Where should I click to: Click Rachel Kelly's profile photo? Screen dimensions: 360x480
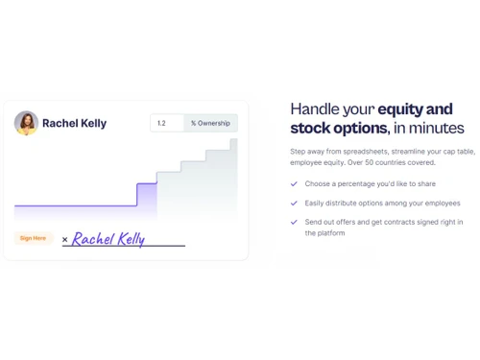click(x=27, y=123)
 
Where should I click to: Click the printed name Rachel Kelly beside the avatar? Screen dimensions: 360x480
click(x=75, y=123)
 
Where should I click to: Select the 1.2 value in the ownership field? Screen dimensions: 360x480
click(x=161, y=123)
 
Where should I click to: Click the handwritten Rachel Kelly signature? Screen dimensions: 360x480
click(x=108, y=239)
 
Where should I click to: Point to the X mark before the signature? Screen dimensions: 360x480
click(x=65, y=239)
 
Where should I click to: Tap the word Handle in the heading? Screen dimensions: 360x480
click(x=315, y=108)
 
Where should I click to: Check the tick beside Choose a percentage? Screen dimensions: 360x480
click(x=294, y=183)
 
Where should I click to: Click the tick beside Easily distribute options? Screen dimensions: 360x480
click(x=294, y=203)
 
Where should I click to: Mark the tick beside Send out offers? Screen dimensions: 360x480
click(x=294, y=222)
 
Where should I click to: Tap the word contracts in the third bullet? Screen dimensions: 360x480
click(x=391, y=222)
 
